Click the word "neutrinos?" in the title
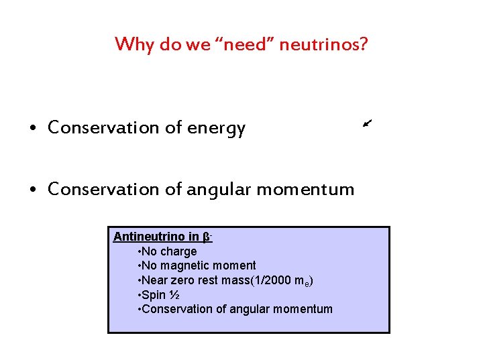[x=323, y=45]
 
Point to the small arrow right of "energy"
[x=366, y=122]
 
